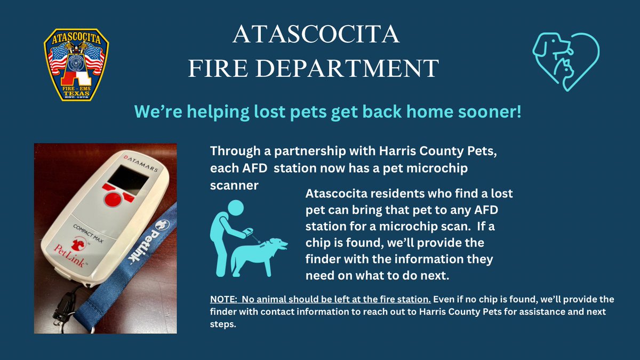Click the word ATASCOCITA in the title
316,36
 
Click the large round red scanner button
113,199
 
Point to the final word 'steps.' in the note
224,324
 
